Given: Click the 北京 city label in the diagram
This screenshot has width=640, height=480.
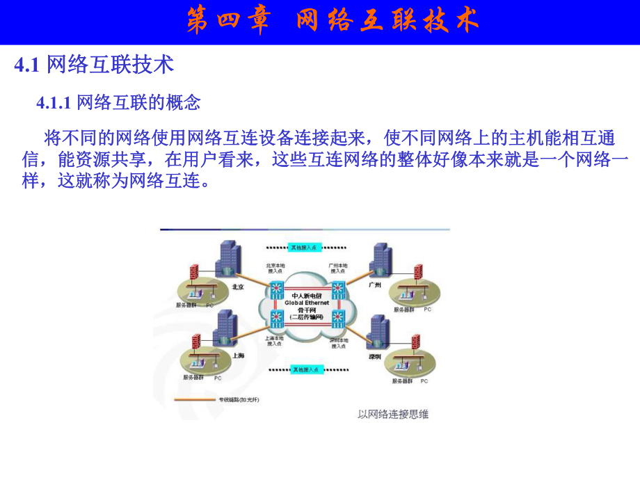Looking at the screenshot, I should coord(238,286).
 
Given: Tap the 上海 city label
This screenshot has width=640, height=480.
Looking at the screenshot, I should coord(239,355).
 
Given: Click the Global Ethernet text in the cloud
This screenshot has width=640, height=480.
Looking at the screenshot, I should coord(307,303).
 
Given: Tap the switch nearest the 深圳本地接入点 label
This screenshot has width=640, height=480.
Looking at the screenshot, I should coord(339,320).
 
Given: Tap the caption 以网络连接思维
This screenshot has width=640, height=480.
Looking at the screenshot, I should coord(393,415).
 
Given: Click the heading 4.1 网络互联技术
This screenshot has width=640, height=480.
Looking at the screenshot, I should coord(94,65).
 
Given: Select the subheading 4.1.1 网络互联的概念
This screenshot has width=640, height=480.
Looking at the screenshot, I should coord(118,103).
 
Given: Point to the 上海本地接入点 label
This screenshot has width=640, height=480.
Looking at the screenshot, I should coord(273,342).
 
